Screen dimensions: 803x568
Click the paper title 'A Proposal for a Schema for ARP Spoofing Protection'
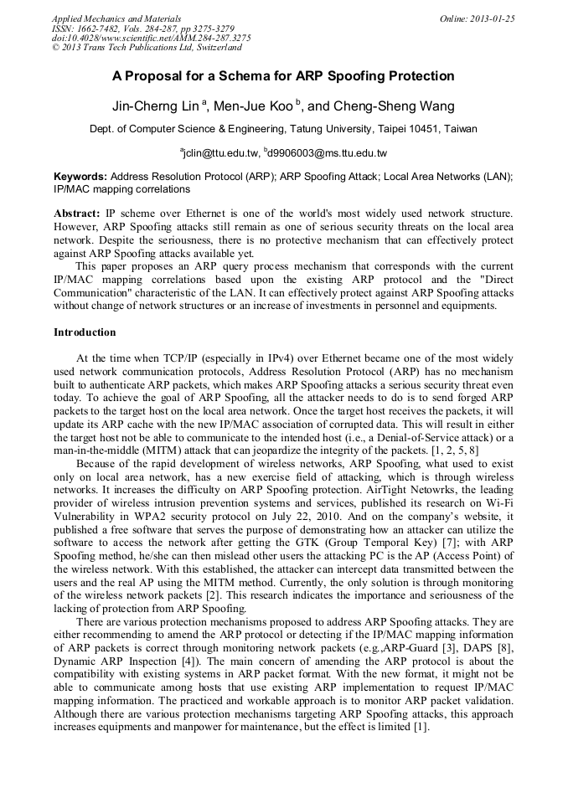283,76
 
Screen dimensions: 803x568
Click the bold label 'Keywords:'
80,178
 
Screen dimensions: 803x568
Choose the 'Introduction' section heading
85,332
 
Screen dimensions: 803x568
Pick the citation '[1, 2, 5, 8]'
452,450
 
